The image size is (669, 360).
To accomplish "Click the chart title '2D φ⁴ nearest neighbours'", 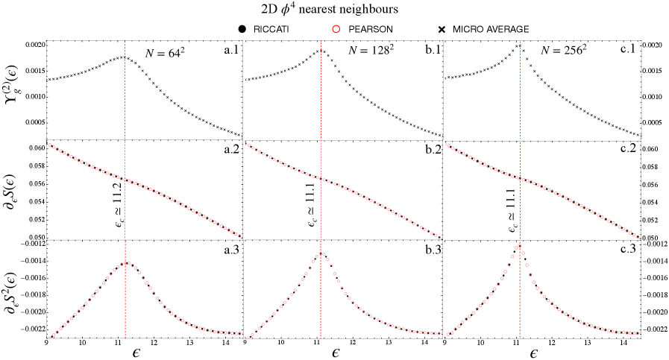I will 334,10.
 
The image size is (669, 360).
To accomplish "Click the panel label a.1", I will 229,48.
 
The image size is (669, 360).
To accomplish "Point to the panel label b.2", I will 428,150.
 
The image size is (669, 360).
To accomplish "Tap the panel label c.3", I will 628,248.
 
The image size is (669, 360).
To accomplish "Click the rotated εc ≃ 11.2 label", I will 125,202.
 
